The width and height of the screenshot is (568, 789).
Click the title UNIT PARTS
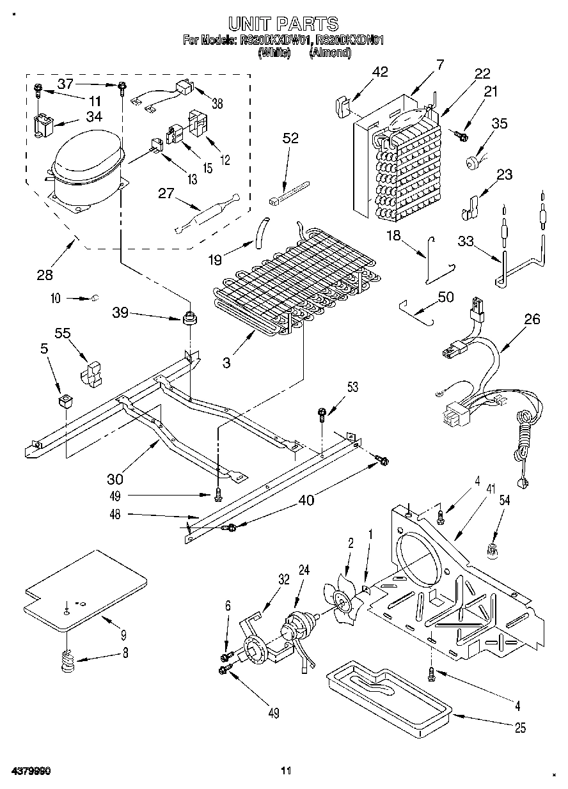click(x=283, y=24)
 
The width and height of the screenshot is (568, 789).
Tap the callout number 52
click(x=290, y=139)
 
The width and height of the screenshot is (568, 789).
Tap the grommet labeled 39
click(x=188, y=317)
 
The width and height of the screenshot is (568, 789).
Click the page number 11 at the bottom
click(x=286, y=770)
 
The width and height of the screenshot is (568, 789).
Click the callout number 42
click(x=380, y=72)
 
